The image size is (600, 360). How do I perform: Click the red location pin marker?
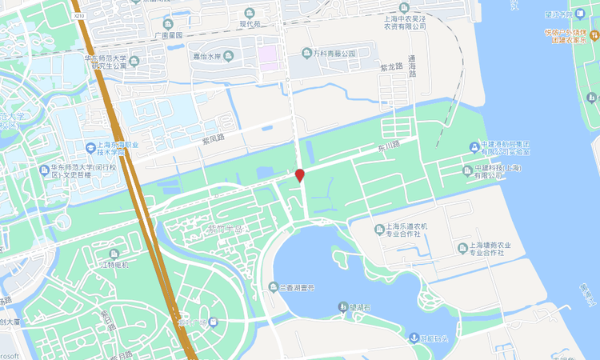[300, 175]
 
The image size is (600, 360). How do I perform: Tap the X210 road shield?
[78, 15]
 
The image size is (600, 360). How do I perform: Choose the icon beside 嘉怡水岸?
[229, 56]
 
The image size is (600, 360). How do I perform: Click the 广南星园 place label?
[167, 36]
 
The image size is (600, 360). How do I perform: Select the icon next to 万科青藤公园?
[306, 54]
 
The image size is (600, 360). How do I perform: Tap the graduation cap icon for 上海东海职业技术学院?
[92, 147]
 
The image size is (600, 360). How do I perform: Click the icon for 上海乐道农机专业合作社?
[380, 230]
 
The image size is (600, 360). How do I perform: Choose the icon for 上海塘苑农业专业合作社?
[462, 249]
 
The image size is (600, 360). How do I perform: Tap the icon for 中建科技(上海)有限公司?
[468, 170]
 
